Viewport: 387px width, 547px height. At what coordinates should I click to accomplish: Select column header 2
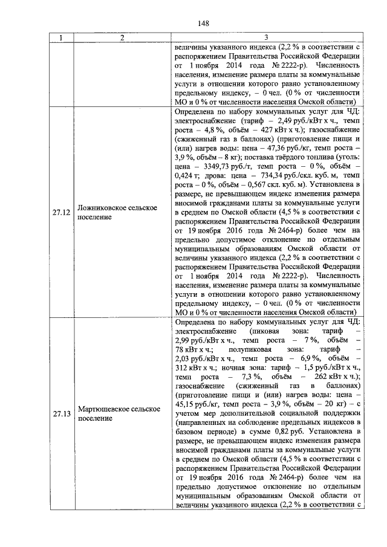coord(122,39)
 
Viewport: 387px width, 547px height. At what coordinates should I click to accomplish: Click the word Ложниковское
coord(103,207)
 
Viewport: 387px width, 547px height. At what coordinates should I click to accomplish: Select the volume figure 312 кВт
coord(190,369)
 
